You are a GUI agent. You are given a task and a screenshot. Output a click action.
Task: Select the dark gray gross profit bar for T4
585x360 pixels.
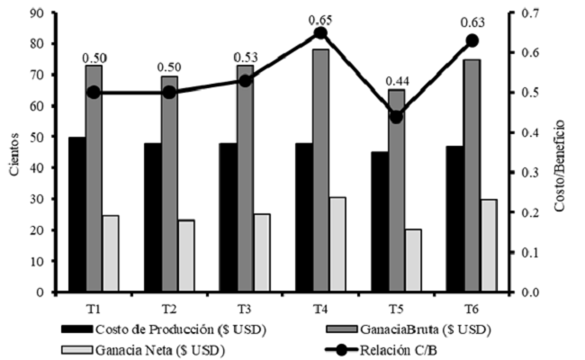point(320,171)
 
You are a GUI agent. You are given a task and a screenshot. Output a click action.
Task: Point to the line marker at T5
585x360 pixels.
point(396,116)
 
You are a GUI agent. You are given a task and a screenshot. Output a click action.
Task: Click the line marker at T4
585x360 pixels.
point(320,33)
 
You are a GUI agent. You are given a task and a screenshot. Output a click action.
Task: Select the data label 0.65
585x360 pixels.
point(320,18)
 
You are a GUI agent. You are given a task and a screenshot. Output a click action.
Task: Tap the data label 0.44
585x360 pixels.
point(396,102)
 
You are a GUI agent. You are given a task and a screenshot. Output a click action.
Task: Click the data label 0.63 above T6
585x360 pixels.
point(472,25)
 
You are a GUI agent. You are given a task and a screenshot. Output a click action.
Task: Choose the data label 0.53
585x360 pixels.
point(245,58)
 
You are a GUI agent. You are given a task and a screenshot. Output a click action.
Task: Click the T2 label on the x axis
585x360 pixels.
point(169,309)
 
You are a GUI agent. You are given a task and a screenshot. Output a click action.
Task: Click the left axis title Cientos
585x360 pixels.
point(12,152)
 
